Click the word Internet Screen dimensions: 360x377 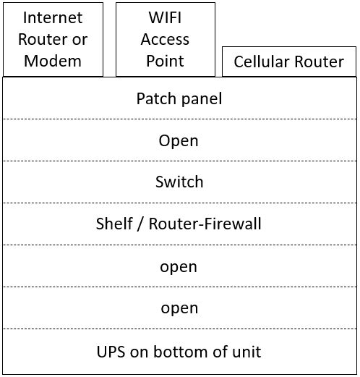pos(53,17)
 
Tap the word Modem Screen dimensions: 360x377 pos(53,61)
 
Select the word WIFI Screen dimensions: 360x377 pos(165,17)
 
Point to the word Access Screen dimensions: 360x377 pos(165,39)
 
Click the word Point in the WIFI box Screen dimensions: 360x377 pos(165,61)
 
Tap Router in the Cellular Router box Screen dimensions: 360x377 pos(320,62)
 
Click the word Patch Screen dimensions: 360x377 pos(156,98)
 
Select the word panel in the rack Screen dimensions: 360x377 pos(202,99)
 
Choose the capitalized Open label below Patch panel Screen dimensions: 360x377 pos(179,141)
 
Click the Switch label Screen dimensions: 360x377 pos(179,182)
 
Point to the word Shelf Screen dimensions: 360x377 pos(114,224)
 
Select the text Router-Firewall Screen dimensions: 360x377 pos(205,224)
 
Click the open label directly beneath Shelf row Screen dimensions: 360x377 pos(179,267)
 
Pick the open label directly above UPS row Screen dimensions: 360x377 pos(179,309)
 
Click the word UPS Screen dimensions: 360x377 pos(111,352)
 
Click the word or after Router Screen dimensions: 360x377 pos(80,40)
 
